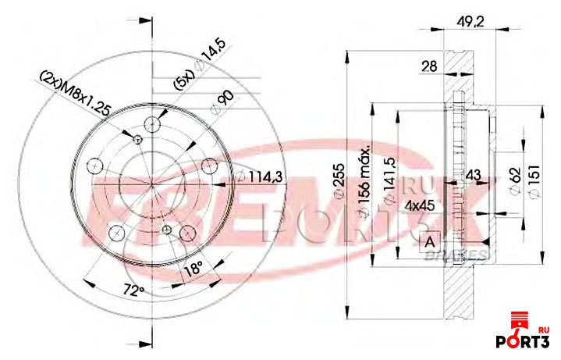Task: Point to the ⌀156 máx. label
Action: click(364, 178)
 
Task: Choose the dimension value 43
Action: click(473, 177)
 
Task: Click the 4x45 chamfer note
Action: click(419, 206)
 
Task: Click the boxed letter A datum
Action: click(429, 242)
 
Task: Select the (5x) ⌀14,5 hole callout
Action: click(197, 69)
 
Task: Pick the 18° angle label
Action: click(192, 269)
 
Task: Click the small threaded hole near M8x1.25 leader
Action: click(138, 141)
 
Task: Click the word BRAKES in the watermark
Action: click(464, 255)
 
